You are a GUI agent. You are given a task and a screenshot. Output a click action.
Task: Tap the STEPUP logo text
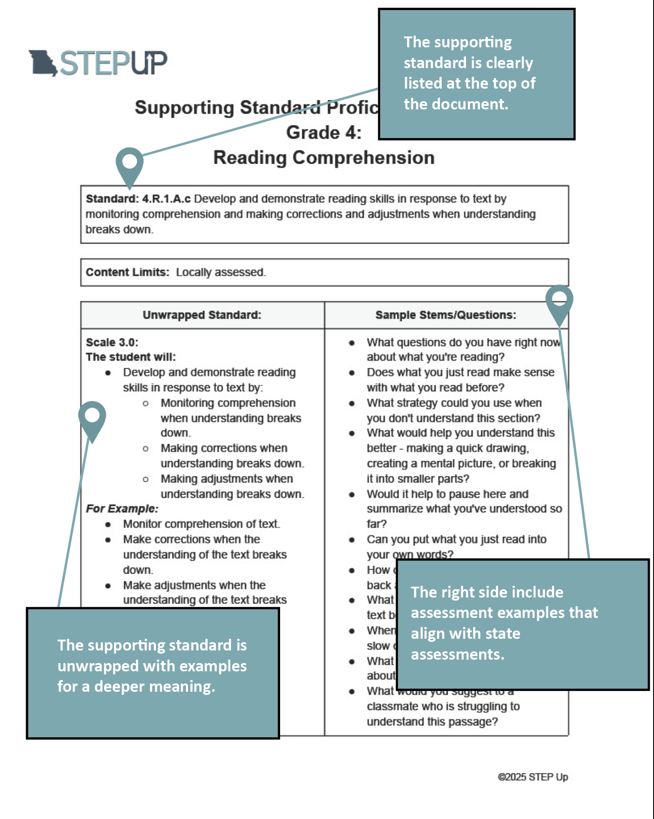[113, 63]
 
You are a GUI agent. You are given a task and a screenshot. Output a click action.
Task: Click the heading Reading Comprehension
[324, 158]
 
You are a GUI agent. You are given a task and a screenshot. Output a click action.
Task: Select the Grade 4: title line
[324, 132]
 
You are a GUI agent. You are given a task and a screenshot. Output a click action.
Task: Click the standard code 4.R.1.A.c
[166, 199]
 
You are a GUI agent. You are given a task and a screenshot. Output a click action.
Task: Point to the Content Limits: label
[127, 272]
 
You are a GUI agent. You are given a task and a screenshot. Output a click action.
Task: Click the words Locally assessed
[221, 272]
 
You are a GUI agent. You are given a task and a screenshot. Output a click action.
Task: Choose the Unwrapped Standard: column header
[202, 315]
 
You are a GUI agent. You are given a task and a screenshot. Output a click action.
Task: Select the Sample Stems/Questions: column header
[446, 315]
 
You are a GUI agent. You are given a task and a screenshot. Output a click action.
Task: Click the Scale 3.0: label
[112, 342]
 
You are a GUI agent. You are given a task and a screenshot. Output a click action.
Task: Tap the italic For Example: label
[122, 509]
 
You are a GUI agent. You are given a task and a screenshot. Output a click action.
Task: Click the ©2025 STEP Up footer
[532, 777]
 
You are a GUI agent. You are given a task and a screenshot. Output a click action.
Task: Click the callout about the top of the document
[476, 74]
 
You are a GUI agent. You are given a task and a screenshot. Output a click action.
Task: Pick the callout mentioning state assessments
[522, 624]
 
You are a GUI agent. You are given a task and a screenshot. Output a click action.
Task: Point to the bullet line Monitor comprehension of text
[201, 524]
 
